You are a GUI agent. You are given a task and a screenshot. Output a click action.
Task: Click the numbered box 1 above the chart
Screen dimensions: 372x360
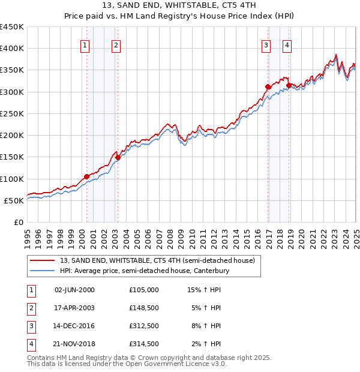pos(85,44)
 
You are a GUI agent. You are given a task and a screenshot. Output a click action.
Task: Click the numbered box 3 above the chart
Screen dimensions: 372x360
pos(266,44)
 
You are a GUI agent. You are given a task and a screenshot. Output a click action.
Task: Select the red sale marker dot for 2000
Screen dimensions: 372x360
pos(86,176)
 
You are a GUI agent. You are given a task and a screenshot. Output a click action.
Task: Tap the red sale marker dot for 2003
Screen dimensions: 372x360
pos(118,158)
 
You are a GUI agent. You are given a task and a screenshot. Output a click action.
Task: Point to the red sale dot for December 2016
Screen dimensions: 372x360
pos(268,87)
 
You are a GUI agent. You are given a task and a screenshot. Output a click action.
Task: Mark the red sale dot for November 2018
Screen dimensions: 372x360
pos(289,86)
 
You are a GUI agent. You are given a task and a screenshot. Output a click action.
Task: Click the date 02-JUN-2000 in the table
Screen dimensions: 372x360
pos(74,290)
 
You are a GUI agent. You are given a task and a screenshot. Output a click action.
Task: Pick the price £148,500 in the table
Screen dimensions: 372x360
pos(144,308)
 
